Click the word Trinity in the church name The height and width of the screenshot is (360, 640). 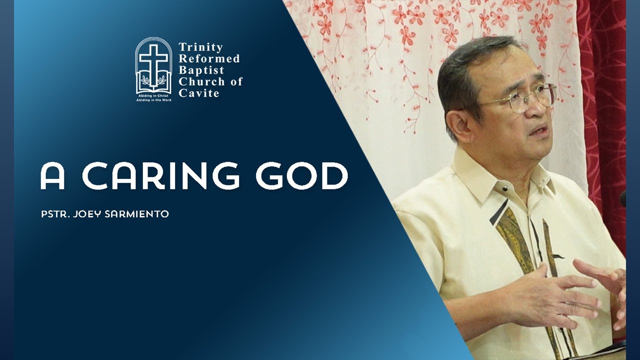pos(200,47)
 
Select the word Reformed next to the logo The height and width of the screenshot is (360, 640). pos(209,58)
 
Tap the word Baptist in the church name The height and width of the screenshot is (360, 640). pos(201,70)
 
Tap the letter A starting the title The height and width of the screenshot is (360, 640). pos(52,176)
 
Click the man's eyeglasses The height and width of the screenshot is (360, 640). pos(525,97)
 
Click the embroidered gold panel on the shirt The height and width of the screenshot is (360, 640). pos(515,240)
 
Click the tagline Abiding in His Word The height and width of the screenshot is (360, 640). pos(153,100)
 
